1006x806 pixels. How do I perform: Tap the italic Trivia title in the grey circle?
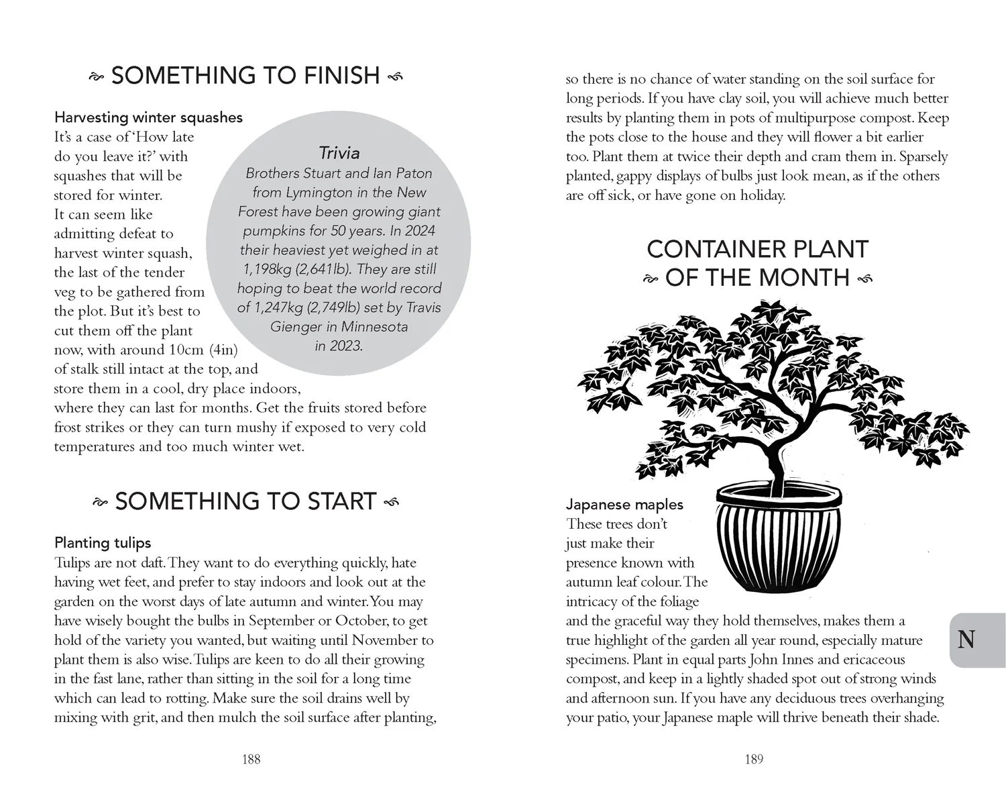pos(339,153)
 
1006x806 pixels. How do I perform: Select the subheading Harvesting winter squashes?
pos(148,117)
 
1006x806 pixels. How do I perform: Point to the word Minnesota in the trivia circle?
pos(376,327)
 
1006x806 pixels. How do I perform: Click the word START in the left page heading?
pos(341,502)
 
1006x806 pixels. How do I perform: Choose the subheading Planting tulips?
pos(103,543)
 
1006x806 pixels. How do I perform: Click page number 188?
pos(251,759)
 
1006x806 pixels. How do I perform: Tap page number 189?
pos(754,759)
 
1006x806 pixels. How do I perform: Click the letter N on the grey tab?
pos(966,640)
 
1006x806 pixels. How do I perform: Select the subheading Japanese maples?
pos(624,505)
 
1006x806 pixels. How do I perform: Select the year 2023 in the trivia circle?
pos(346,346)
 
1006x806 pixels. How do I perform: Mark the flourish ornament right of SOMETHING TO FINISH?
pos(396,77)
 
